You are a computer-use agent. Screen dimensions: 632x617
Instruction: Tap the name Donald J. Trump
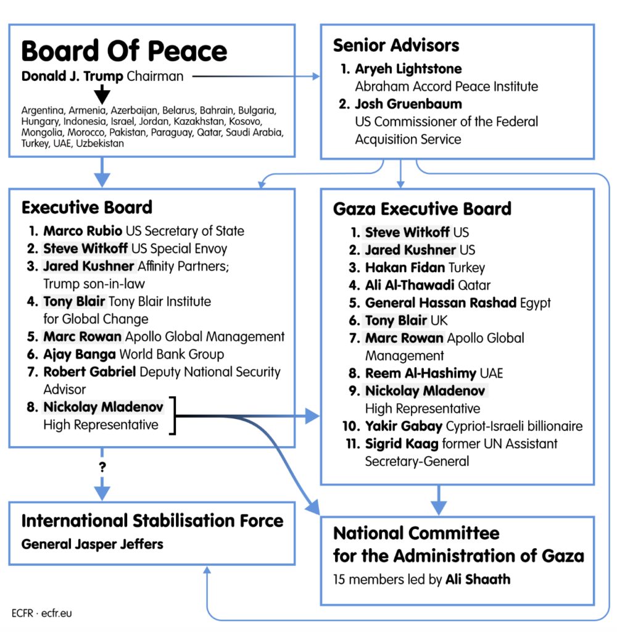(72, 77)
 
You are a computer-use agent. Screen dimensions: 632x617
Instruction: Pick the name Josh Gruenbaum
(408, 104)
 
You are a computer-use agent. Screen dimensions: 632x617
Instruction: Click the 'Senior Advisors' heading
(396, 45)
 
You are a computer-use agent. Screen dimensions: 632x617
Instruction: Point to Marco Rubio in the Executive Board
(83, 231)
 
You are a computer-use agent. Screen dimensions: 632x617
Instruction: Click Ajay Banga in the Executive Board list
(80, 354)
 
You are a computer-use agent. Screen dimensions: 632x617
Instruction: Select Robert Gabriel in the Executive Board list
(90, 372)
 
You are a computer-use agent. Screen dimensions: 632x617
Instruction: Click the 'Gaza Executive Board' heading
(422, 209)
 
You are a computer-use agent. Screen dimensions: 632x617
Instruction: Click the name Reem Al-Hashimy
(420, 373)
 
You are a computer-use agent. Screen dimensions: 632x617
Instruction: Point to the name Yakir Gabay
(403, 426)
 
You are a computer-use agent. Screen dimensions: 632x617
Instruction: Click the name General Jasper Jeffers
(93, 544)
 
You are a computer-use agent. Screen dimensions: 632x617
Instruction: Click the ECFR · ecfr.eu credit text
(42, 613)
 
